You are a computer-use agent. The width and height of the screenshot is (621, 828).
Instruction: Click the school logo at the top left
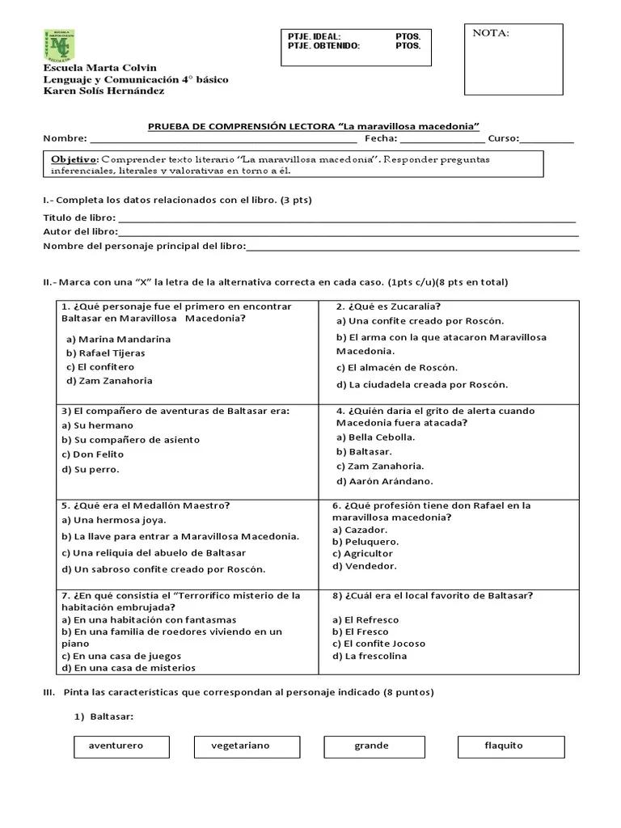coord(58,45)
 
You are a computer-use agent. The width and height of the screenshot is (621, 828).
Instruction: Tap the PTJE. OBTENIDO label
coord(324,46)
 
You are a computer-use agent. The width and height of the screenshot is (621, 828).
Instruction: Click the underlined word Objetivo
coord(74,159)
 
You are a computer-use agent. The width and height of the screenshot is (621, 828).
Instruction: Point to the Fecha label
coord(381,138)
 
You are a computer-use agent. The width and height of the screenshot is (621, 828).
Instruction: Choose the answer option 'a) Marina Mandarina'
coord(118,339)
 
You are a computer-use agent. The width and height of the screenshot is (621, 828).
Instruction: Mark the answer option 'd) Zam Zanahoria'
coord(109,381)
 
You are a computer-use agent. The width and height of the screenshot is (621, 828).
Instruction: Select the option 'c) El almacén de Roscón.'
coord(396,368)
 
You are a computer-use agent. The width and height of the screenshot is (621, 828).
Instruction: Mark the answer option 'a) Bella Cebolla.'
coord(375,437)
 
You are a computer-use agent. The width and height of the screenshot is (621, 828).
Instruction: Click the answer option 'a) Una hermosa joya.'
coord(113,520)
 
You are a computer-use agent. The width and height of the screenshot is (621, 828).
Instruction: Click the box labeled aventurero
coord(121,746)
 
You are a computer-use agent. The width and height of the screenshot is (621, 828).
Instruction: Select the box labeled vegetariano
coord(242,746)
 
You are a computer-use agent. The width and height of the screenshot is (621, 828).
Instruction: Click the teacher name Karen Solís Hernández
coord(103,91)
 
